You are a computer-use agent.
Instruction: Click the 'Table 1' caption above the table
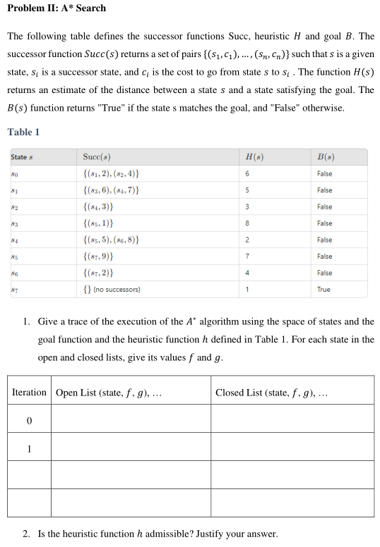pyautogui.click(x=23, y=132)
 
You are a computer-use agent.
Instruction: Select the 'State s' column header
pyautogui.click(x=23, y=156)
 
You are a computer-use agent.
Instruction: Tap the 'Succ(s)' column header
pyautogui.click(x=97, y=156)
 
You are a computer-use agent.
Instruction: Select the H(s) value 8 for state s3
pyautogui.click(x=247, y=223)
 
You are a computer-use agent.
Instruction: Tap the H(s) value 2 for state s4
pyautogui.click(x=247, y=240)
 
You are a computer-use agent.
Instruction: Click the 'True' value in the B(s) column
pyautogui.click(x=323, y=290)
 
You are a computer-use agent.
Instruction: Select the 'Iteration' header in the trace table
pyautogui.click(x=29, y=393)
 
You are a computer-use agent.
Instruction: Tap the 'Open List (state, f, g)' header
pyautogui.click(x=109, y=393)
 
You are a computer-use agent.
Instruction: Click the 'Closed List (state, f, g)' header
pyautogui.click(x=272, y=393)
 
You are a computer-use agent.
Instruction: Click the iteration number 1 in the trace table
pyautogui.click(x=29, y=448)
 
